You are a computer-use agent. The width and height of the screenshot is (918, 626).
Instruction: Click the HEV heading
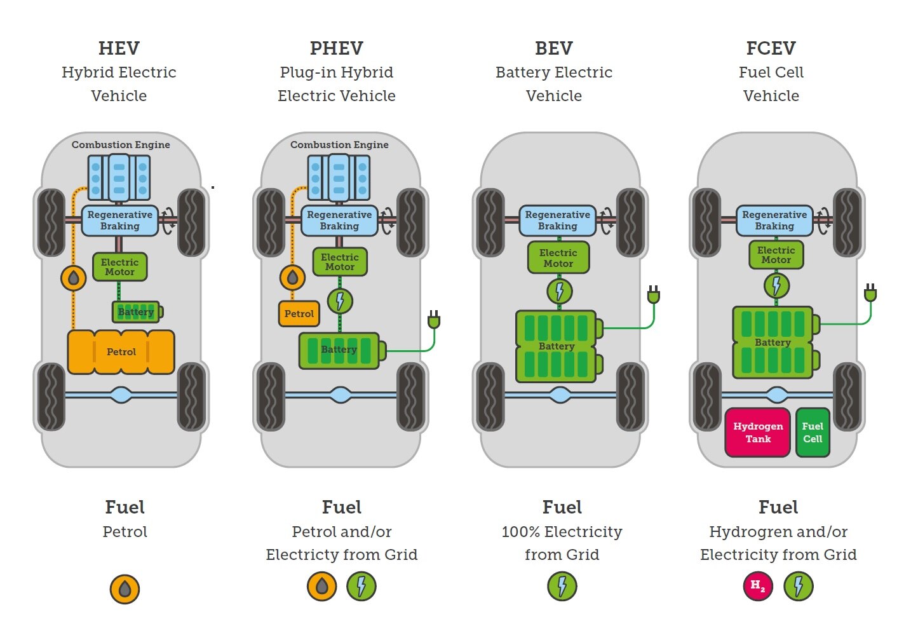[119, 48]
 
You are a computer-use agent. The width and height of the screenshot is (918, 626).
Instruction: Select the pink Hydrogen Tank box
[757, 432]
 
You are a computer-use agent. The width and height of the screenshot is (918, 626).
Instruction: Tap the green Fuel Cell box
[813, 432]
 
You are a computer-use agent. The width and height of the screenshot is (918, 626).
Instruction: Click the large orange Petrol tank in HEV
[121, 351]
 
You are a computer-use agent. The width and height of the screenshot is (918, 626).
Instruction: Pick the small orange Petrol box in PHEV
[299, 313]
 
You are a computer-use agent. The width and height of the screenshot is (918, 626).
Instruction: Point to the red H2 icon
[757, 585]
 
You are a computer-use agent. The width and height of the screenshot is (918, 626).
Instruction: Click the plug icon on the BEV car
[653, 295]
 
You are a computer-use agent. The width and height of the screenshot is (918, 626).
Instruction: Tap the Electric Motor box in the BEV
[558, 258]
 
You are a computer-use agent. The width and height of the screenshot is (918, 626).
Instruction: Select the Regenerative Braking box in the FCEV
[774, 221]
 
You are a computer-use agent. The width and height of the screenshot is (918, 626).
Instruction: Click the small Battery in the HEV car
[137, 311]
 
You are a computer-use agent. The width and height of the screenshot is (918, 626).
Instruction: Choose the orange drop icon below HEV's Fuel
[125, 589]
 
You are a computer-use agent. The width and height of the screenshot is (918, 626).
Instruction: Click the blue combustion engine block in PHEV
[339, 178]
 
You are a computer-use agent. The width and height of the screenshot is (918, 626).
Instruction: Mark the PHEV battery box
[340, 350]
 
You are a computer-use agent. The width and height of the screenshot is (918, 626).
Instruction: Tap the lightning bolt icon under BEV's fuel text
[562, 586]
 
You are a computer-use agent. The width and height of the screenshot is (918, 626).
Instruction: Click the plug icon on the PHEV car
[434, 319]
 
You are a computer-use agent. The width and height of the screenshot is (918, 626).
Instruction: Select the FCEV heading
[771, 48]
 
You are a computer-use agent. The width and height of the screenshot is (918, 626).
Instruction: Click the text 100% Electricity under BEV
[562, 531]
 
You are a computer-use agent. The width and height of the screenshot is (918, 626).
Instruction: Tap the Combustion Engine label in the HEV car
[121, 145]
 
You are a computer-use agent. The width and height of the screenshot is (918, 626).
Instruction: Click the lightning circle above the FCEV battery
[776, 285]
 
